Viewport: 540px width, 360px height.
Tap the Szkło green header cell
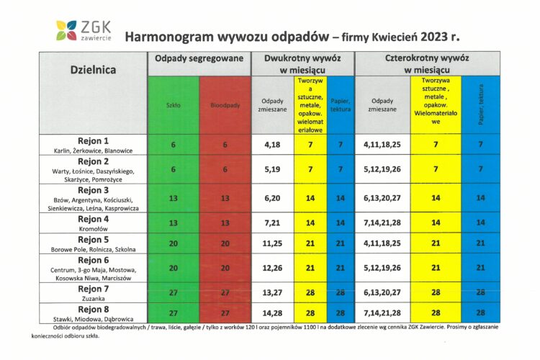[173, 105]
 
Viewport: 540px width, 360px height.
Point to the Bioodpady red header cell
[225, 105]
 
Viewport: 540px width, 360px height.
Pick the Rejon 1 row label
[93, 145]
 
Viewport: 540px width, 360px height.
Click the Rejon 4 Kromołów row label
[93, 222]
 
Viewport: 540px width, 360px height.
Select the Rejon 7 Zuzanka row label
[93, 293]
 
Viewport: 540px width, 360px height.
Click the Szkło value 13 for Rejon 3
[173, 197]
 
